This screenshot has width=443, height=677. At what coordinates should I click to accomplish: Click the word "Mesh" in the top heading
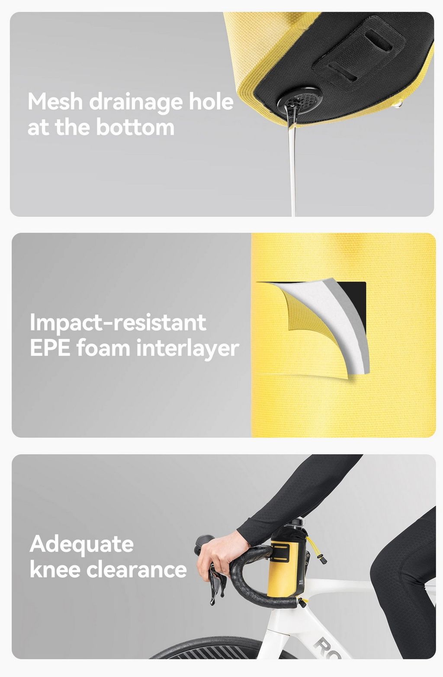55,102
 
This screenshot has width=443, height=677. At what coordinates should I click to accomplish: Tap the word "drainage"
136,103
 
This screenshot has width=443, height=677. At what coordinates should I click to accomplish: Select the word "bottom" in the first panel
135,127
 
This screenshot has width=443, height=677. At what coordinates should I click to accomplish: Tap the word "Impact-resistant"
118,323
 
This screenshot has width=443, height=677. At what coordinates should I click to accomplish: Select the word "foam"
103,348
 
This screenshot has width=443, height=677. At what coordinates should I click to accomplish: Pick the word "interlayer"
187,349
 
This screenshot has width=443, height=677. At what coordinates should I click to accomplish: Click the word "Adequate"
81,545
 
